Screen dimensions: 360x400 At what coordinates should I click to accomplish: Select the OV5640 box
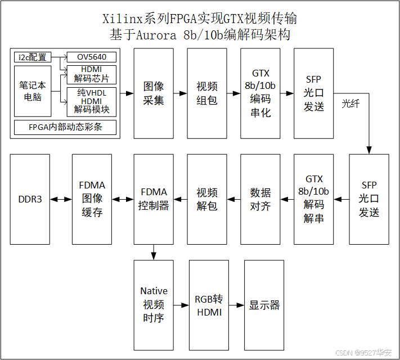coord(92,57)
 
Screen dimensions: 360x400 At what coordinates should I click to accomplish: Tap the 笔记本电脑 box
coord(32,91)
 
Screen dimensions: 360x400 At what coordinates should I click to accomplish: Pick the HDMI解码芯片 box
coord(92,74)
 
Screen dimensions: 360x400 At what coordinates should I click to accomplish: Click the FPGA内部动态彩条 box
coord(65,127)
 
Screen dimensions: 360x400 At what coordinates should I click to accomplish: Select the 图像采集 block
coord(154,93)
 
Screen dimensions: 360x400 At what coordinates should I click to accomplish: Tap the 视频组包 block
coord(207,93)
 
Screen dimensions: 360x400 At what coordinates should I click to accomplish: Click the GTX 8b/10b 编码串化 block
coord(260,93)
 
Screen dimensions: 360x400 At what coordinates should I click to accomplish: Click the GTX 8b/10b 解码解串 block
coord(313,199)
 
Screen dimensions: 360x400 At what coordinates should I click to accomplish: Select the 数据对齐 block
coord(260,199)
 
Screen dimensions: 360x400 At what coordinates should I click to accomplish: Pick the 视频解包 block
coord(207,199)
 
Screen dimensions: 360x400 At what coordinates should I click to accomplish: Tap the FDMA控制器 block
coord(154,199)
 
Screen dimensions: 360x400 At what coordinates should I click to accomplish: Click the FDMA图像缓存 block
coord(92,199)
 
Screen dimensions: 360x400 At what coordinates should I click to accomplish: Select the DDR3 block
coord(30,199)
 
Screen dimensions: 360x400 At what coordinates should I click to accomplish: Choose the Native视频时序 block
coord(154,305)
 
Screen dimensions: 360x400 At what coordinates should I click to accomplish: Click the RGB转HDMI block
coord(209,305)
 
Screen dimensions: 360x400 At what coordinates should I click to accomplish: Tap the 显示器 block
coord(264,305)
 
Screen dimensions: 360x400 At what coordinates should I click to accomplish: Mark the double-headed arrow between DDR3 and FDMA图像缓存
coord(61,199)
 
